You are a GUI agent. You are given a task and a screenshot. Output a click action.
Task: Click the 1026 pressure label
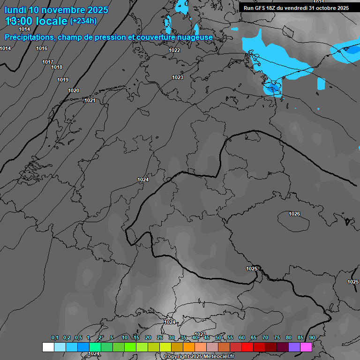point(294,214)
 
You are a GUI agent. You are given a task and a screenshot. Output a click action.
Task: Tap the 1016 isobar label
point(42,48)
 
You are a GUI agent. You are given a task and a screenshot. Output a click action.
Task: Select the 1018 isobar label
point(57,67)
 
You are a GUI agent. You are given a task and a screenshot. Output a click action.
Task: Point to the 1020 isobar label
point(74,90)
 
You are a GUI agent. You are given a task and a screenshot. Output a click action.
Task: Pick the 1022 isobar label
point(174,50)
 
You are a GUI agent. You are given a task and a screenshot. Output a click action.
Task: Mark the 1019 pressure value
point(63,80)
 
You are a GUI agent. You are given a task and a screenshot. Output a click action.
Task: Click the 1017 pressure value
point(47,62)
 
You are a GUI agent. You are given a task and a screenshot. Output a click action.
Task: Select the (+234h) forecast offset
point(83,21)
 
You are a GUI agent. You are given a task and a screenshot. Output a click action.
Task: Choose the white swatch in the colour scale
point(48,347)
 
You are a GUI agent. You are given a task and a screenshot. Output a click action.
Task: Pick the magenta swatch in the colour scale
point(306,347)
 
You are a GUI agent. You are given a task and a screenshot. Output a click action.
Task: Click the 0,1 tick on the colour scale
point(54,338)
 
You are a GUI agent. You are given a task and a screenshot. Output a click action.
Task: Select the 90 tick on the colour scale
point(312,338)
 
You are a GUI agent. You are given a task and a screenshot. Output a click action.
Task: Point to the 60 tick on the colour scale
point(242,338)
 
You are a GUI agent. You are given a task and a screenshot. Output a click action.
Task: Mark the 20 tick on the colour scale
point(148,338)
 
